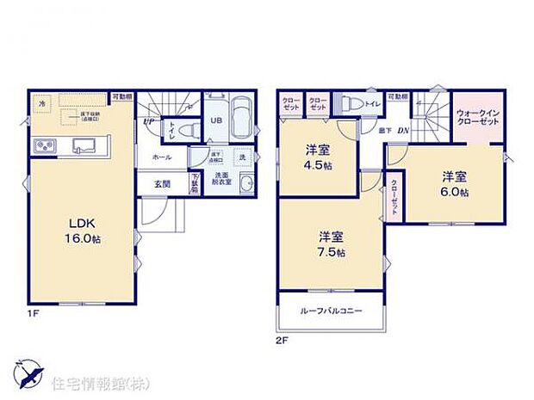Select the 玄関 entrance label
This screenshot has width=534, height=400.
(x=162, y=183)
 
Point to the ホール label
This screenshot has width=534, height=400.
(x=161, y=157)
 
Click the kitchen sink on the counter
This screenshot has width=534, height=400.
(x=84, y=144)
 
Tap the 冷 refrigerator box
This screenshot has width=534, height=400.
(x=42, y=103)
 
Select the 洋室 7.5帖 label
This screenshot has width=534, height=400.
(x=331, y=243)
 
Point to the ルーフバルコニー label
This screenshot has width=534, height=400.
(x=331, y=311)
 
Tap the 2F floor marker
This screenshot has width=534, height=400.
(x=281, y=339)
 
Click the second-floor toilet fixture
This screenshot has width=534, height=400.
(x=350, y=104)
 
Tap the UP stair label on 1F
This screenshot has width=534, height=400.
(x=149, y=121)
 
